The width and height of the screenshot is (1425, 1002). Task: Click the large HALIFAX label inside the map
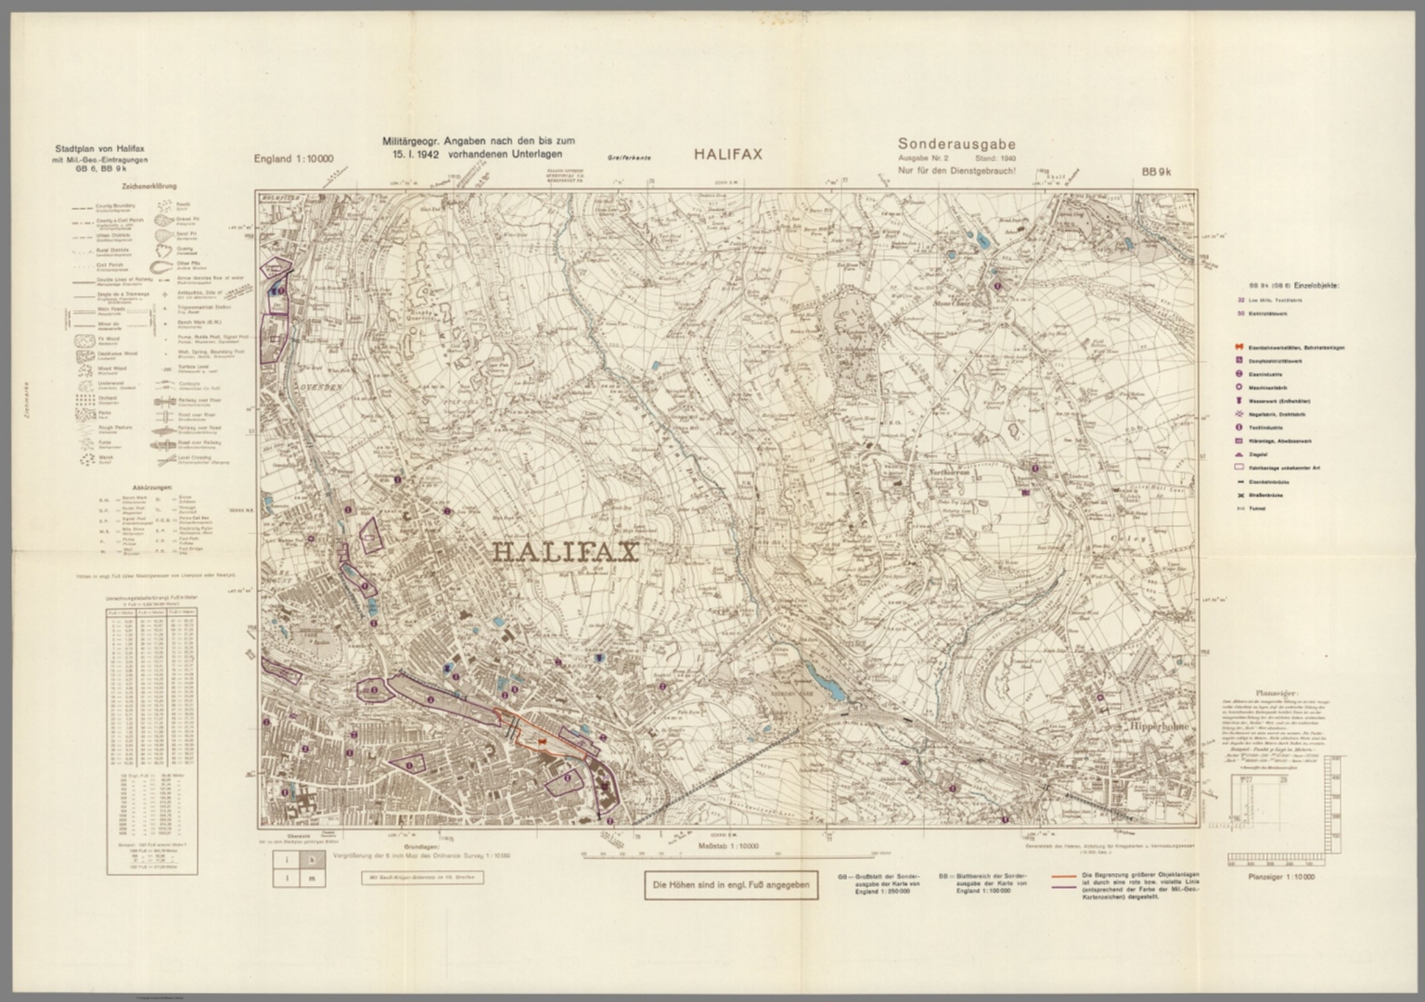coord(564,553)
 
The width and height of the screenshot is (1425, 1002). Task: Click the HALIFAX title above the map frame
coord(727,155)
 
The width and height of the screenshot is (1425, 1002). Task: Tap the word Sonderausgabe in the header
coord(956,144)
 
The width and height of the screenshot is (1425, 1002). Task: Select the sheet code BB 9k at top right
coord(1157,172)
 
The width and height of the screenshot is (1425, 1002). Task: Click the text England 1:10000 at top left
coord(293,160)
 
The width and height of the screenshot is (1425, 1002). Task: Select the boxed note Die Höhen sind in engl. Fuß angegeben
coord(731,886)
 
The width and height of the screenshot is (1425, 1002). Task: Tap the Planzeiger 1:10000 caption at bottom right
coord(1281,878)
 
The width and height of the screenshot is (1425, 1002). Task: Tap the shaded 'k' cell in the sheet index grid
coord(312,859)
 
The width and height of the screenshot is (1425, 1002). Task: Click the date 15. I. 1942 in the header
coord(414,154)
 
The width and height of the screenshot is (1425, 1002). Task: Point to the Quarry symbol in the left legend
coord(166,249)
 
